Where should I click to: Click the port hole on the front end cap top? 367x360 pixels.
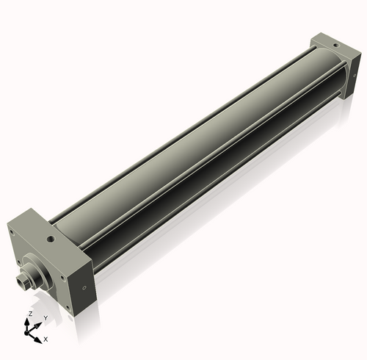(x=50, y=239)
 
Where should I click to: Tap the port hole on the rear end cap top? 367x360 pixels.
(x=335, y=45)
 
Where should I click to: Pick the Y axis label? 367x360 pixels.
(x=45, y=317)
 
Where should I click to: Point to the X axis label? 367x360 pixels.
(x=46, y=339)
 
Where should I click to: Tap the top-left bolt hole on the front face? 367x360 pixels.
(x=15, y=233)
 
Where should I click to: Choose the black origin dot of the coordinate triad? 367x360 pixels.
(x=30, y=331)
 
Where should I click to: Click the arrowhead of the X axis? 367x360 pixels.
(x=40, y=337)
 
